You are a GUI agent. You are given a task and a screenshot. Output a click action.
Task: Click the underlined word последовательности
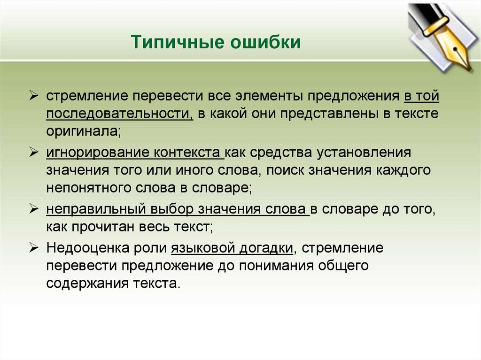tap(119, 114)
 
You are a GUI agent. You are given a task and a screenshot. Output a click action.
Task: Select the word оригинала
tap(83, 132)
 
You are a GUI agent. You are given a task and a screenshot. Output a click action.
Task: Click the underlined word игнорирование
tap(97, 153)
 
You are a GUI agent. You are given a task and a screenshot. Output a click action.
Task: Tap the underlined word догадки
tap(268, 247)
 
